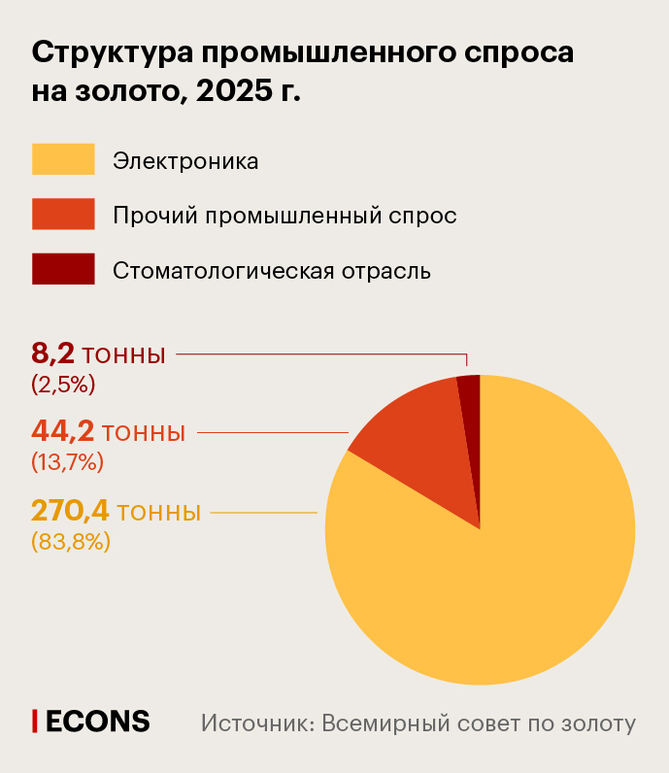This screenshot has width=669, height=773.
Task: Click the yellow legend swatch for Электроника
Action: [x=63, y=159]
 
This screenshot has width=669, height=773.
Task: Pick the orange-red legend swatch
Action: [x=63, y=215]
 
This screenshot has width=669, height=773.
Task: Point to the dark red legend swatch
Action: [x=63, y=269]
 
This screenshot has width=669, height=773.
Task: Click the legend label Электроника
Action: [x=185, y=160]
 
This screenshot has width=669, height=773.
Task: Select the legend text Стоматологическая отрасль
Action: [x=272, y=270]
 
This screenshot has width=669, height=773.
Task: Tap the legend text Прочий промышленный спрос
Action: [x=284, y=216]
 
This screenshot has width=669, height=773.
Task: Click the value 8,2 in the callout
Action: [x=52, y=354]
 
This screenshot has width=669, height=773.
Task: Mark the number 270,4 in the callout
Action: [x=70, y=510]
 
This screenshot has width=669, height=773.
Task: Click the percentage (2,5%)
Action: [x=63, y=385]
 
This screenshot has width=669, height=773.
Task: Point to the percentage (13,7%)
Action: [x=67, y=462]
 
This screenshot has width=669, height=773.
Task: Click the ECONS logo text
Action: [x=98, y=722]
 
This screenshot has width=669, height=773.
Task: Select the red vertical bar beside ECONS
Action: [x=36, y=721]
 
